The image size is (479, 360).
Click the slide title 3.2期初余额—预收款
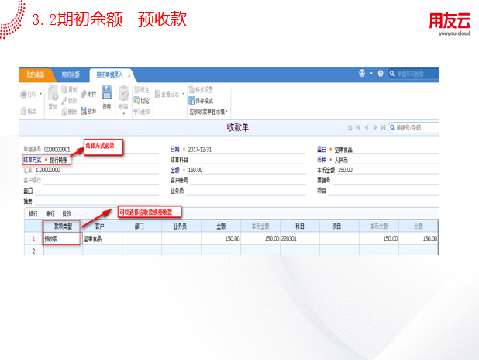point(109,19)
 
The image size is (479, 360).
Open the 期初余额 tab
point(71,74)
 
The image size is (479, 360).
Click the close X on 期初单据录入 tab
point(129,75)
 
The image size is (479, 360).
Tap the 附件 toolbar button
point(88,93)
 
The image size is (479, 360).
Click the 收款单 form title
point(237,126)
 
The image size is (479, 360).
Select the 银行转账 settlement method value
point(60,160)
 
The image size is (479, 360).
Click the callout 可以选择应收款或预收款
point(150,211)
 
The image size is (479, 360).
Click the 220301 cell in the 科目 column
point(291,239)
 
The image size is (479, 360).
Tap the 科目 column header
point(298,227)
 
